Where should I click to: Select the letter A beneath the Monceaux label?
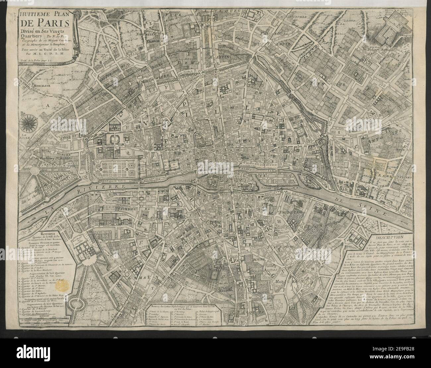coord(47,105)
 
